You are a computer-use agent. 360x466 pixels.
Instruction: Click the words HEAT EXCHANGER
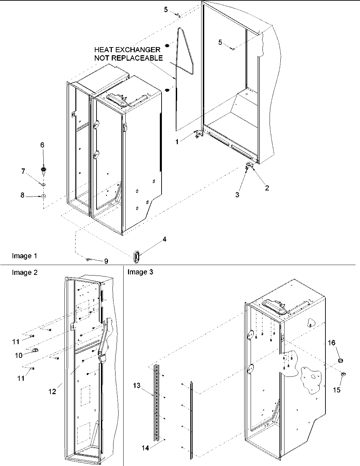(127, 50)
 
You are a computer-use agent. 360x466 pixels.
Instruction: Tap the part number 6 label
(42, 145)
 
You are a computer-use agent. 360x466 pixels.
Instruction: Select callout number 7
(23, 171)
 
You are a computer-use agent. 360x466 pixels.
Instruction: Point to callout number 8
(23, 196)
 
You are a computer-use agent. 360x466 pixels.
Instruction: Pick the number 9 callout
(106, 261)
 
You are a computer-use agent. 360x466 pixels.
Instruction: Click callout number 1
(177, 142)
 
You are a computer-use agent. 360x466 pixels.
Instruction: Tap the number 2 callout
(267, 188)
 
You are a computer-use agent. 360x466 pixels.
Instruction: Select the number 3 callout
(237, 195)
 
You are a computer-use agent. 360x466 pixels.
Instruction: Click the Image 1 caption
(24, 256)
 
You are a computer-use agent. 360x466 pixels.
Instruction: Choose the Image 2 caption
(25, 272)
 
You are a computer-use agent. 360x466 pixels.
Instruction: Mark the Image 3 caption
(140, 272)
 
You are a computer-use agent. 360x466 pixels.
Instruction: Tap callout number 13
(136, 385)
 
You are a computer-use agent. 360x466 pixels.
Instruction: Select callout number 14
(145, 448)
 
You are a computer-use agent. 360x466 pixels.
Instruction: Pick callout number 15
(337, 390)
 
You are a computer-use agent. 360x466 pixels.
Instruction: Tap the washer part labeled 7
(44, 185)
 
